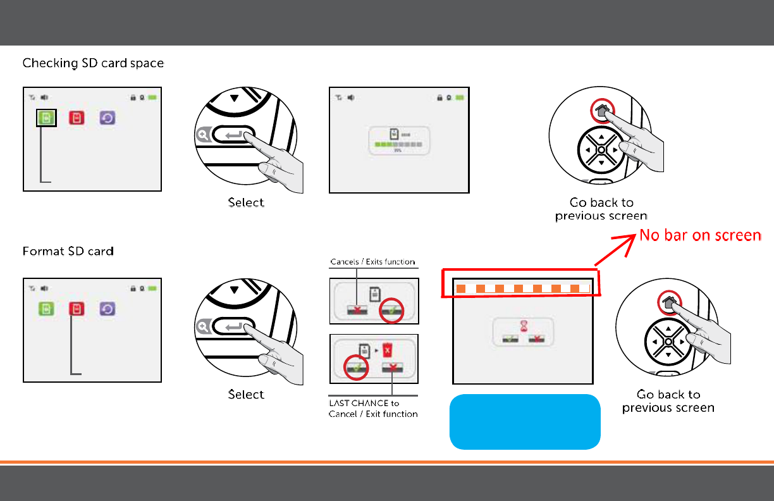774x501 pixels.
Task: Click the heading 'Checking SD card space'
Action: pos(93,63)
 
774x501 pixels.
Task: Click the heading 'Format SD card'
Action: pos(68,252)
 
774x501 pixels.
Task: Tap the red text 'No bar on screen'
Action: pos(700,236)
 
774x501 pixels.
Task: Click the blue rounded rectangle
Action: pos(524,421)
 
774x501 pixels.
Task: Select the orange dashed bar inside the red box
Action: pos(522,289)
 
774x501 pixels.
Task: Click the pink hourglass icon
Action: pos(522,325)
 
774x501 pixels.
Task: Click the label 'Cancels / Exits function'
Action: pos(372,262)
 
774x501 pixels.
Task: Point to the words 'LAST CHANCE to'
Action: pos(364,404)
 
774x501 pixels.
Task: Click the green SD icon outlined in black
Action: pos(46,118)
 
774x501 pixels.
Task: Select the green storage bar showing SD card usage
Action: pos(397,145)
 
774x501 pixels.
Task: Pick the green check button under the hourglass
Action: pos(508,338)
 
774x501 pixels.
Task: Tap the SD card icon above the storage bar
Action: pos(394,133)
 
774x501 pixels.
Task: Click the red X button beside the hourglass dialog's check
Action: pos(538,338)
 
